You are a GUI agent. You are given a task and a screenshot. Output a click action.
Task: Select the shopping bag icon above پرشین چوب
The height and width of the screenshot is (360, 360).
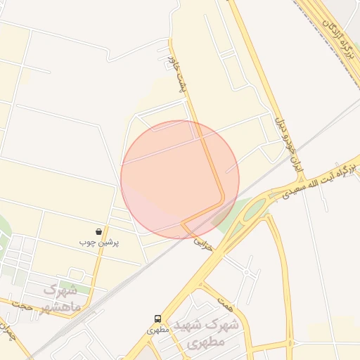click(x=99, y=231)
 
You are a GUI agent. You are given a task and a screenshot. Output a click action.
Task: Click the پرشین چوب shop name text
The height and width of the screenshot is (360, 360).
click(x=99, y=243)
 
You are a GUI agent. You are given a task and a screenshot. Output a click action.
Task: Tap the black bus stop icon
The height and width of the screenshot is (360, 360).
click(x=157, y=319)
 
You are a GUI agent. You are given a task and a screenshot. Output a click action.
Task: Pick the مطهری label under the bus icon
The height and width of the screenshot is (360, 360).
click(x=157, y=329)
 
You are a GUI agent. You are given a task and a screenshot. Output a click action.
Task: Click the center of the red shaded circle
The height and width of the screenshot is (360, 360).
click(x=180, y=179)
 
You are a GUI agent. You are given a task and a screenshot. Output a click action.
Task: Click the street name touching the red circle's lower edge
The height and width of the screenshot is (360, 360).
click(x=203, y=244)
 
